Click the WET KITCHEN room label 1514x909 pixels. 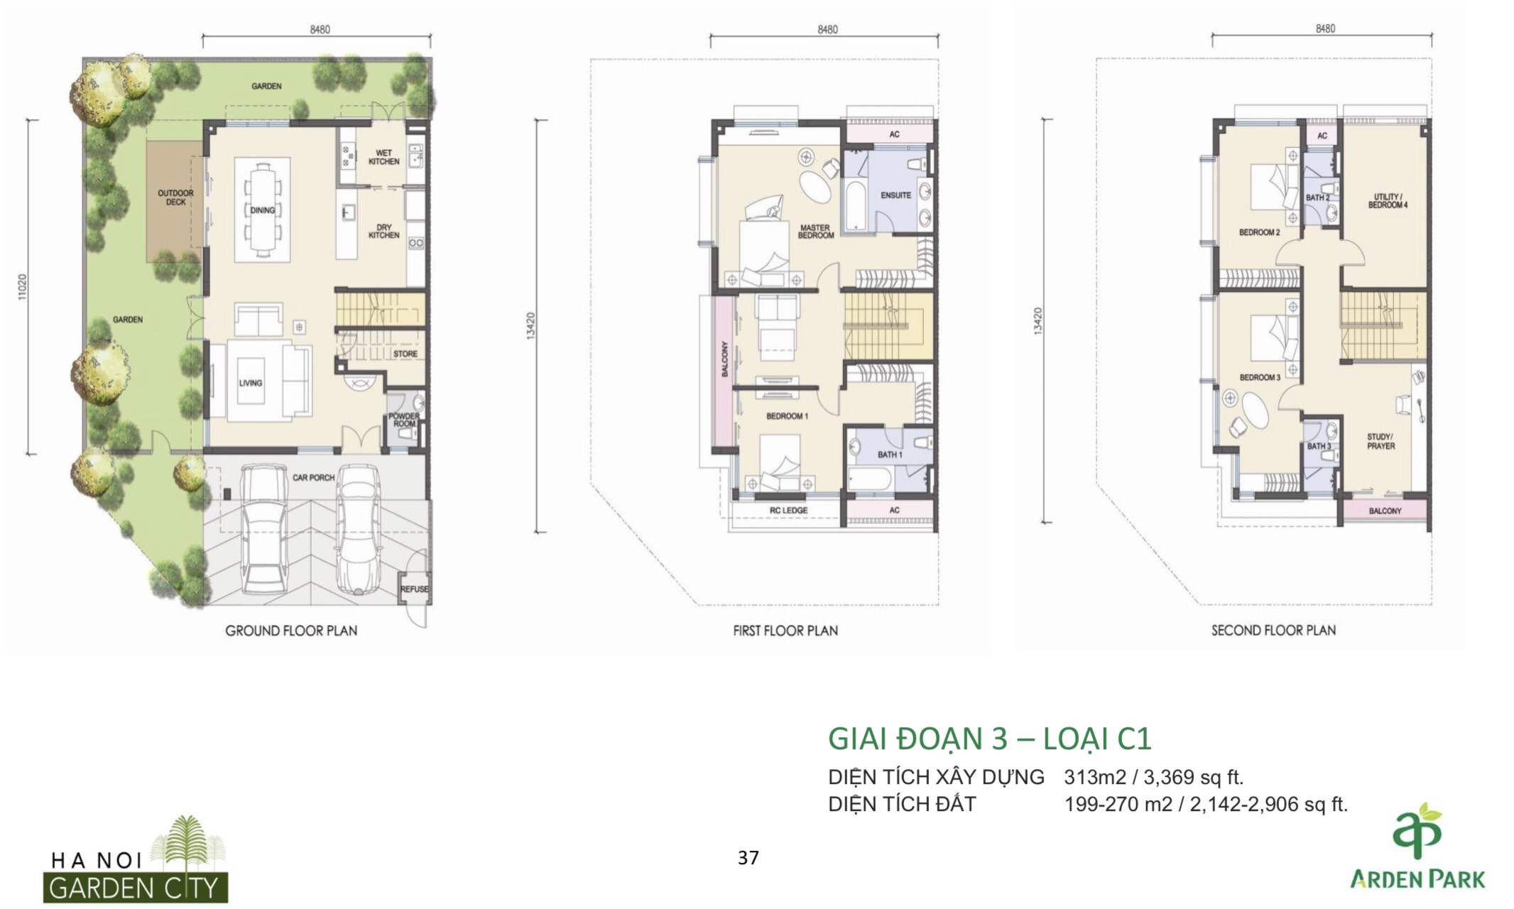(x=383, y=157)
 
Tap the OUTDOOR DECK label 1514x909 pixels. (x=175, y=197)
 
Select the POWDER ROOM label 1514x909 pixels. (x=403, y=420)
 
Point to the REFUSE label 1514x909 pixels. (x=414, y=589)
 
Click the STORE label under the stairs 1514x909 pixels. (x=405, y=354)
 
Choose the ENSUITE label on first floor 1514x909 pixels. (x=895, y=195)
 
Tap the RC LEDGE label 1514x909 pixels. (x=788, y=511)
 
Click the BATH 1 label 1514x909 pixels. (x=890, y=454)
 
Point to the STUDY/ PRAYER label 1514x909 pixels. (x=1380, y=442)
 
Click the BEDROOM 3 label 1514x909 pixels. (x=1260, y=378)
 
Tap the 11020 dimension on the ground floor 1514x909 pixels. (x=23, y=287)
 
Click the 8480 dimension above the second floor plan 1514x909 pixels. (x=1325, y=29)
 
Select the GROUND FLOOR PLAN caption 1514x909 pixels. (x=291, y=631)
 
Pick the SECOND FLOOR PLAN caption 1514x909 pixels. (x=1273, y=631)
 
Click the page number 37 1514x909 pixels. (x=748, y=858)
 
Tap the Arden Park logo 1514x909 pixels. (x=1417, y=846)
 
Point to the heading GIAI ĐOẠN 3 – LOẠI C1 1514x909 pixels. (x=989, y=739)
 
